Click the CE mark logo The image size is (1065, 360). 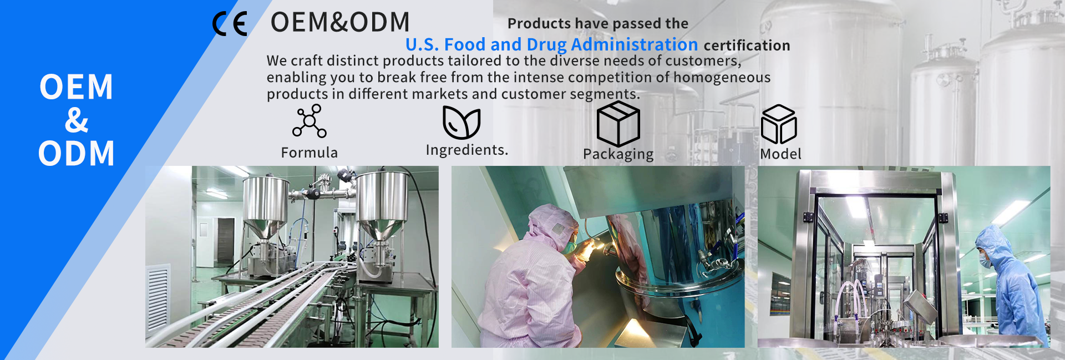(x=230, y=24)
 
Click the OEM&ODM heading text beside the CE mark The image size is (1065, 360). (x=340, y=22)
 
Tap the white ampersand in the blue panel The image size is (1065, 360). (x=77, y=120)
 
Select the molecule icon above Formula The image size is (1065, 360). (x=310, y=120)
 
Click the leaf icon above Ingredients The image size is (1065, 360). (x=461, y=122)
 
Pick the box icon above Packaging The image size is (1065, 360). (x=618, y=124)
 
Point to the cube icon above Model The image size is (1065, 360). (x=779, y=124)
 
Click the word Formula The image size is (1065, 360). (x=309, y=153)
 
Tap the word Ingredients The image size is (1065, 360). (x=467, y=150)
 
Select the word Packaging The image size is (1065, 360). (x=618, y=154)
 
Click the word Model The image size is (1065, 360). (x=780, y=154)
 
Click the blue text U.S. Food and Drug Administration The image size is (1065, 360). (x=552, y=44)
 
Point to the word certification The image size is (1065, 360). (x=747, y=45)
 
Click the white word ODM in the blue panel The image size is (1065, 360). (x=77, y=154)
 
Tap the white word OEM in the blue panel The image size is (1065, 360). (x=77, y=87)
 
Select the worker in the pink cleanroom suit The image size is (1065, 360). (x=532, y=277)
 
